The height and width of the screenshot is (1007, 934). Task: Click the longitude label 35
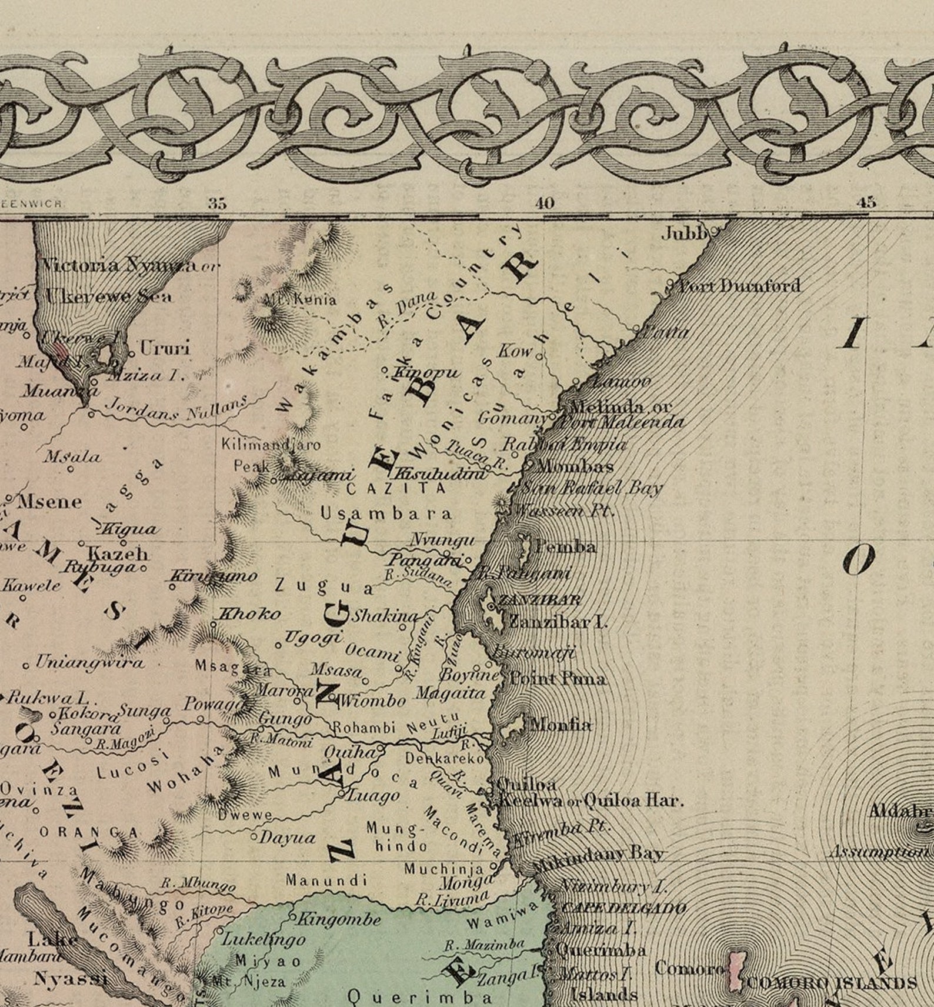pos(217,204)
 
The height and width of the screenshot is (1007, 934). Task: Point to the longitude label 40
pos(544,204)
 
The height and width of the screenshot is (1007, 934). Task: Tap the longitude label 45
pos(866,203)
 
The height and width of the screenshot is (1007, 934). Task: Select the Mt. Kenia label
pos(300,299)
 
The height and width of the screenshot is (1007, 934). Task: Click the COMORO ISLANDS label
pos(832,982)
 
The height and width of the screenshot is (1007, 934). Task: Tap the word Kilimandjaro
pos(271,444)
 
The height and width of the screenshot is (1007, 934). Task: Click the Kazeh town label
pos(118,553)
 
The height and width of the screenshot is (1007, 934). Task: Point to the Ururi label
pos(165,348)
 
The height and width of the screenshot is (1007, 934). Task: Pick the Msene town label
pos(50,502)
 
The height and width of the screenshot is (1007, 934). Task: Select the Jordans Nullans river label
pos(176,409)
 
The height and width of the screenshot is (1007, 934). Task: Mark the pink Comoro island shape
pos(736,970)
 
